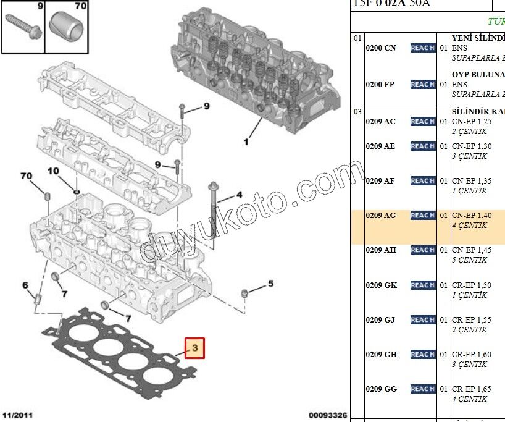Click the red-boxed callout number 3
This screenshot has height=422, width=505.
194,348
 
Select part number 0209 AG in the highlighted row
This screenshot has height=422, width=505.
381,216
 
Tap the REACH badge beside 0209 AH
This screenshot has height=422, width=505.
422,250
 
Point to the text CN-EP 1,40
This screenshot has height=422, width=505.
472,216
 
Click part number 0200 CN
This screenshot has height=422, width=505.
381,48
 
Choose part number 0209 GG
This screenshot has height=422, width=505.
381,389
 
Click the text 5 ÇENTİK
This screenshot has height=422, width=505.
469,260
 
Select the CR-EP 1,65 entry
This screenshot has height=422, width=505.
472,389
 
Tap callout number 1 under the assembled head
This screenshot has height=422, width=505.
246,143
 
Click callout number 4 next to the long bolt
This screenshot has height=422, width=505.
239,195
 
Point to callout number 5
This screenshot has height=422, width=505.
270,284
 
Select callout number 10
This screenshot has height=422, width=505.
53,171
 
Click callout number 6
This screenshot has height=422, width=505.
25,285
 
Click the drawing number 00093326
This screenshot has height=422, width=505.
327,415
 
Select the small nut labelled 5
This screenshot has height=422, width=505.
245,292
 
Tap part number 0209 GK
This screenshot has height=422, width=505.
381,285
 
